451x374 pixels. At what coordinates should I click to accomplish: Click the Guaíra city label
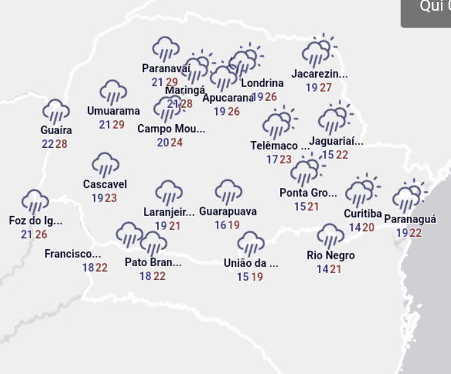pyautogui.click(x=56, y=130)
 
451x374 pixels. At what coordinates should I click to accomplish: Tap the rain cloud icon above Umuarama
pyautogui.click(x=113, y=92)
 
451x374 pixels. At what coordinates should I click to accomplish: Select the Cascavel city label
pyautogui.click(x=105, y=184)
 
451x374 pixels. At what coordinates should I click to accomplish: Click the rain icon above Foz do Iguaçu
pyautogui.click(x=35, y=202)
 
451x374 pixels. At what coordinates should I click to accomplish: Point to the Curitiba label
pyautogui.click(x=363, y=214)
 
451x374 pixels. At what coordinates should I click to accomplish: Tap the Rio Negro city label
pyautogui.click(x=331, y=255)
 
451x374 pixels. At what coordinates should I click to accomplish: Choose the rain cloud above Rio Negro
pyautogui.click(x=330, y=236)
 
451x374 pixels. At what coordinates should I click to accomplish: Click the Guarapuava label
pyautogui.click(x=228, y=211)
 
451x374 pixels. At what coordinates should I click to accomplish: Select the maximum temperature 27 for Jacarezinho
pyautogui.click(x=326, y=88)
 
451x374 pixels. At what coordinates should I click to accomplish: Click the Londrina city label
pyautogui.click(x=262, y=83)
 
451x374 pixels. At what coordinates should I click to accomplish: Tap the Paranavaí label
pyautogui.click(x=166, y=68)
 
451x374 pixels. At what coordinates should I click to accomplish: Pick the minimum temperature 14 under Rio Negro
pyautogui.click(x=323, y=269)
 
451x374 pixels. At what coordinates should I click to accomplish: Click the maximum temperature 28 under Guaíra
pyautogui.click(x=61, y=144)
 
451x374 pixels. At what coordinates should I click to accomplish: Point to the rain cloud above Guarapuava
pyautogui.click(x=229, y=192)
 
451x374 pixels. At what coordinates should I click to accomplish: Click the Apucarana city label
pyautogui.click(x=228, y=98)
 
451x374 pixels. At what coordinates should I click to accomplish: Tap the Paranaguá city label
pyautogui.click(x=410, y=219)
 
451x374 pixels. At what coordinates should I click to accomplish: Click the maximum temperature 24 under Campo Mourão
pyautogui.click(x=177, y=142)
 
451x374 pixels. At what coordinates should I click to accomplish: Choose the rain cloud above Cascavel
pyautogui.click(x=105, y=165)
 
